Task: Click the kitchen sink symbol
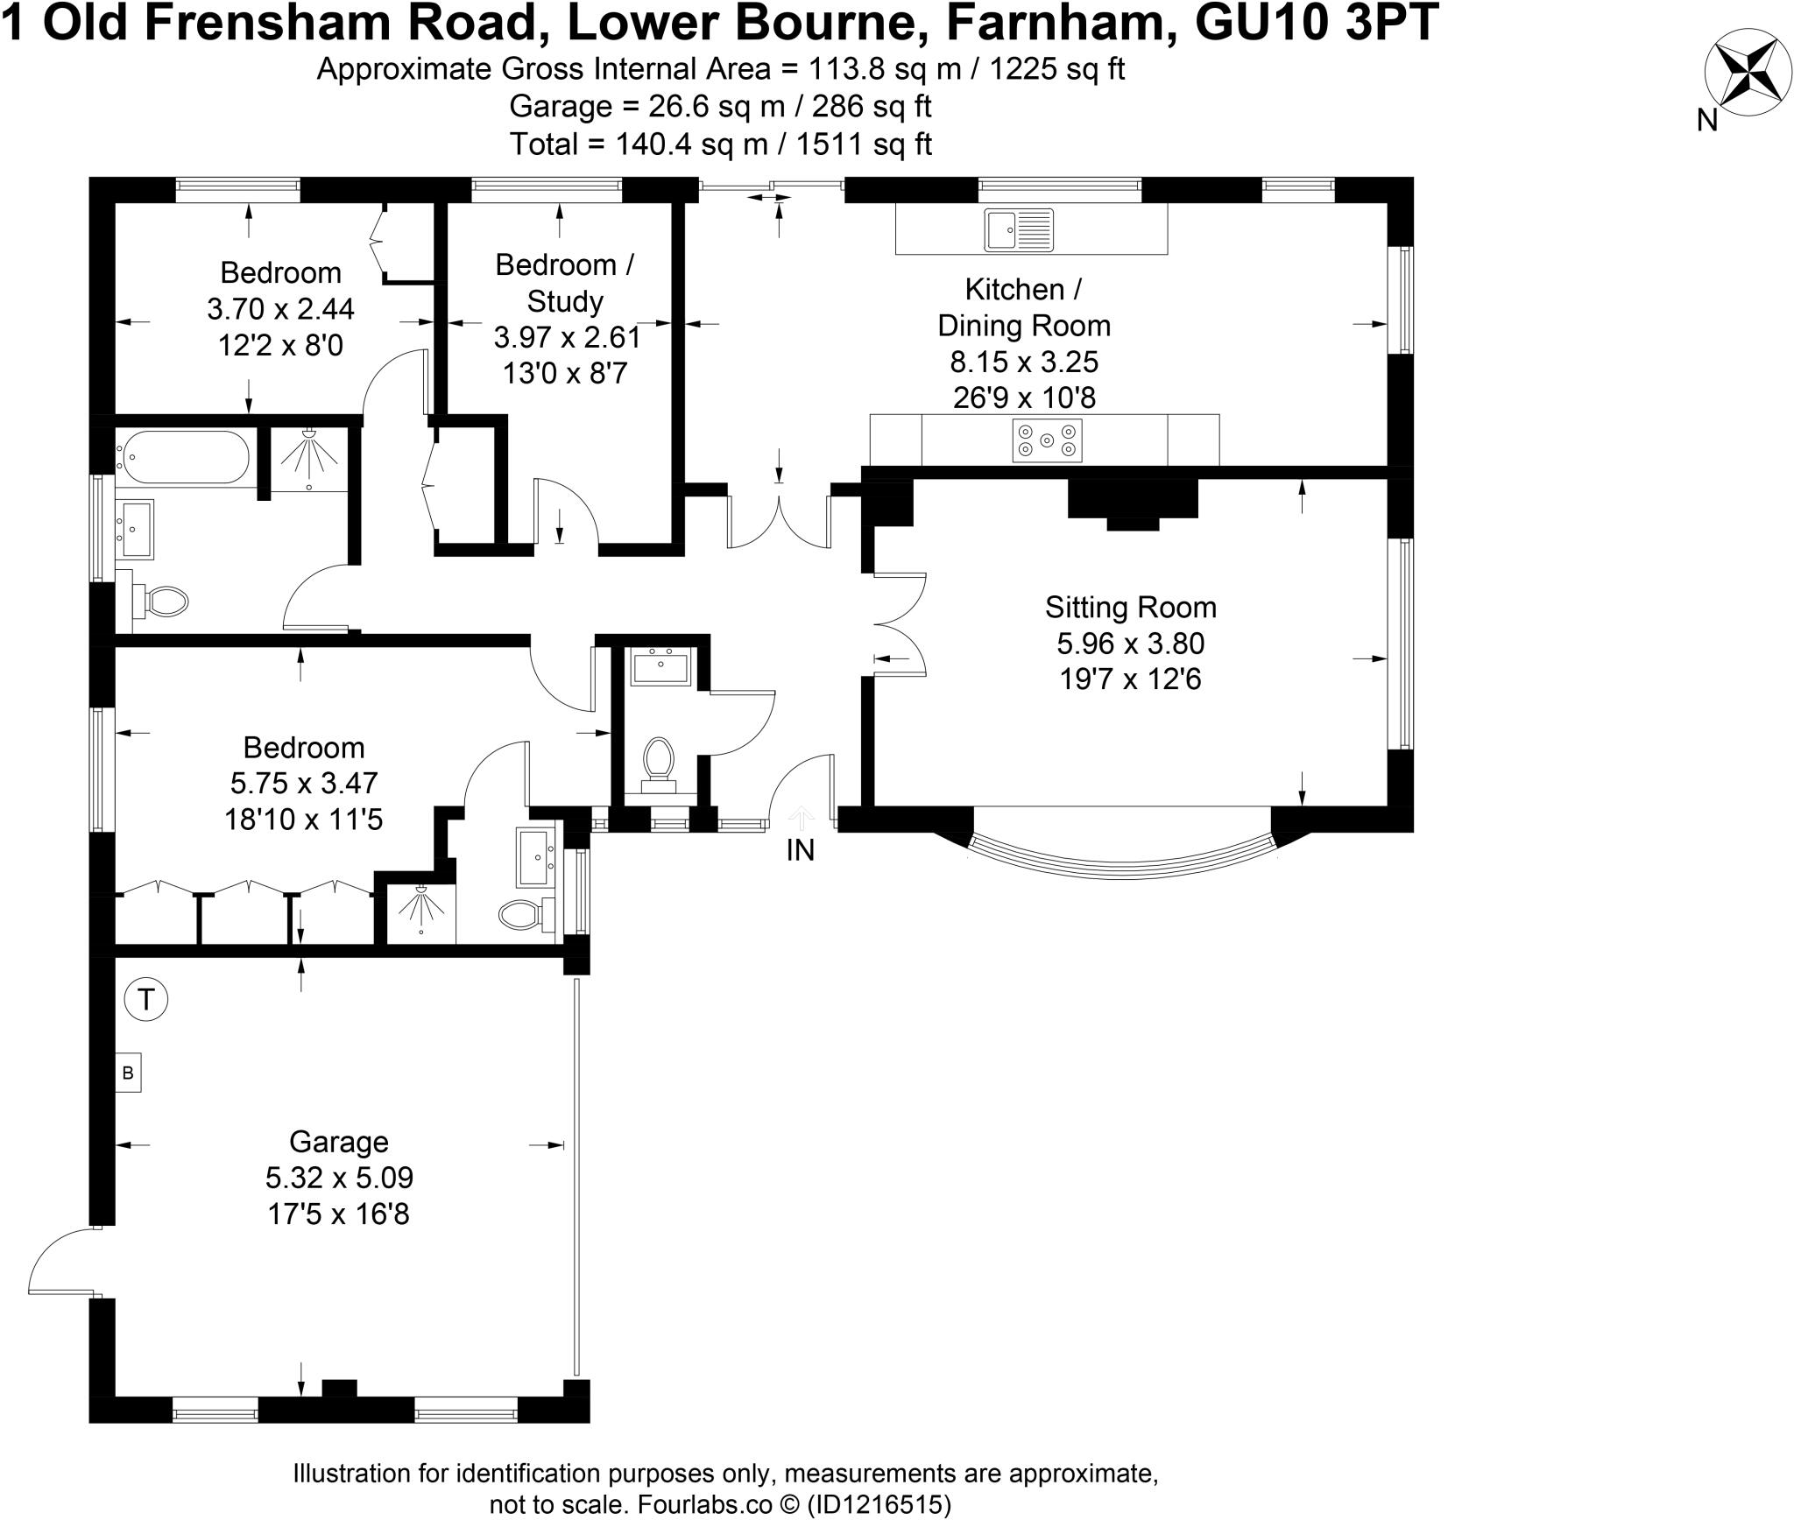point(1019,230)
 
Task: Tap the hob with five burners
point(1047,440)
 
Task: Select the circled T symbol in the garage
point(146,999)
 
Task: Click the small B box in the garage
point(128,1073)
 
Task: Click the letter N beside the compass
point(1706,121)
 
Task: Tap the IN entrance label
point(800,850)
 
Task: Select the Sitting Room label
point(1130,607)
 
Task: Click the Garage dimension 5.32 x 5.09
point(339,1178)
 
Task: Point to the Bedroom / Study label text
point(564,282)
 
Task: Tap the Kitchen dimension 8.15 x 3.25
point(1024,362)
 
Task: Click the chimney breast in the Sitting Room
point(1133,503)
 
